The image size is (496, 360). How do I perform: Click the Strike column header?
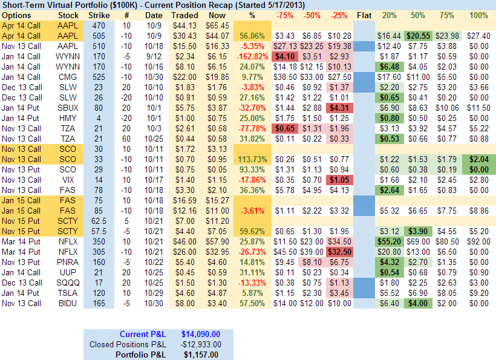[x=99, y=15]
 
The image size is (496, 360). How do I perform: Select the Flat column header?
[x=364, y=15]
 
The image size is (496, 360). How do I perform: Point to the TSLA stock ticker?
[x=68, y=292]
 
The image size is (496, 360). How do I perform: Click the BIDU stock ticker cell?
[x=68, y=303]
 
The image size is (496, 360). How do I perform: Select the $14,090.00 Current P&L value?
[x=201, y=334]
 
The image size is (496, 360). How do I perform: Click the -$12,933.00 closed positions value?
[x=200, y=344]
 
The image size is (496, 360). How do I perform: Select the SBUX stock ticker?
[x=68, y=107]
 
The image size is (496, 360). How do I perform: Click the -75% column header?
[x=284, y=15]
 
